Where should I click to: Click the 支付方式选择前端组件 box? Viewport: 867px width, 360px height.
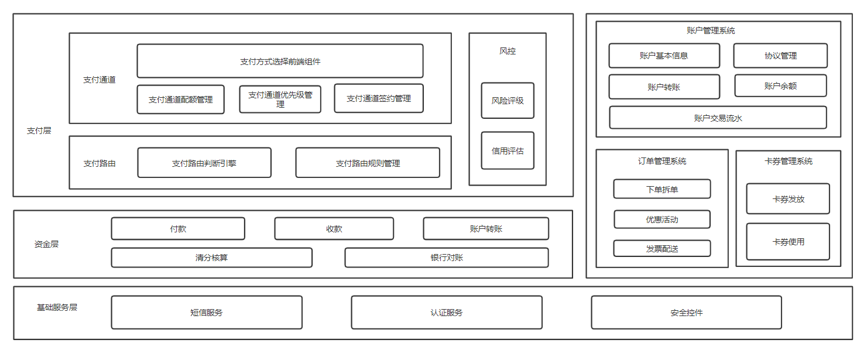click(x=280, y=61)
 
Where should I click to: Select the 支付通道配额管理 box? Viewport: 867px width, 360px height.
click(x=180, y=100)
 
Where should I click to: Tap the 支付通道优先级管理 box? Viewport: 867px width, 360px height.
click(x=280, y=100)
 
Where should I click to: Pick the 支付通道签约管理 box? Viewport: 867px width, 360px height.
click(x=378, y=98)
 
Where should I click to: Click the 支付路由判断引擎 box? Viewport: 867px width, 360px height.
click(x=204, y=163)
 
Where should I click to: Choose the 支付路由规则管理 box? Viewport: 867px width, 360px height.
click(x=367, y=163)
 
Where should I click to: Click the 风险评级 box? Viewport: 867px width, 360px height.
click(x=508, y=101)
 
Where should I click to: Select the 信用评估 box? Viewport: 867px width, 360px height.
click(x=508, y=150)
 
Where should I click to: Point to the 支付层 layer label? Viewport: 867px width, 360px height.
click(x=39, y=131)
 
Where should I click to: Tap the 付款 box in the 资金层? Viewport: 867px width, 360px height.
click(x=178, y=229)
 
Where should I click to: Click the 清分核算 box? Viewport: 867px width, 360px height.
click(x=211, y=258)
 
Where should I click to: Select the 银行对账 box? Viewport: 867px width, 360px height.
click(x=446, y=258)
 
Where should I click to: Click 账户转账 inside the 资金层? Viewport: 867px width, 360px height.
click(x=486, y=229)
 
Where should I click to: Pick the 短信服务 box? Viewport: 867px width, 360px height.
click(x=207, y=313)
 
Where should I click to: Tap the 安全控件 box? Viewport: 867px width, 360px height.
click(x=686, y=313)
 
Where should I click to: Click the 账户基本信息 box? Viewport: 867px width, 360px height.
click(x=664, y=56)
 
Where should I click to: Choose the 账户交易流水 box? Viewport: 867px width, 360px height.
click(x=718, y=118)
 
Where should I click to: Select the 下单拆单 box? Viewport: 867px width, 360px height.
click(x=662, y=189)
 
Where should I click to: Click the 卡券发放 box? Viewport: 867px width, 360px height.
click(x=788, y=199)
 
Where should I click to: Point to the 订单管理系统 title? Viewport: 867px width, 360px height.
click(x=662, y=161)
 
